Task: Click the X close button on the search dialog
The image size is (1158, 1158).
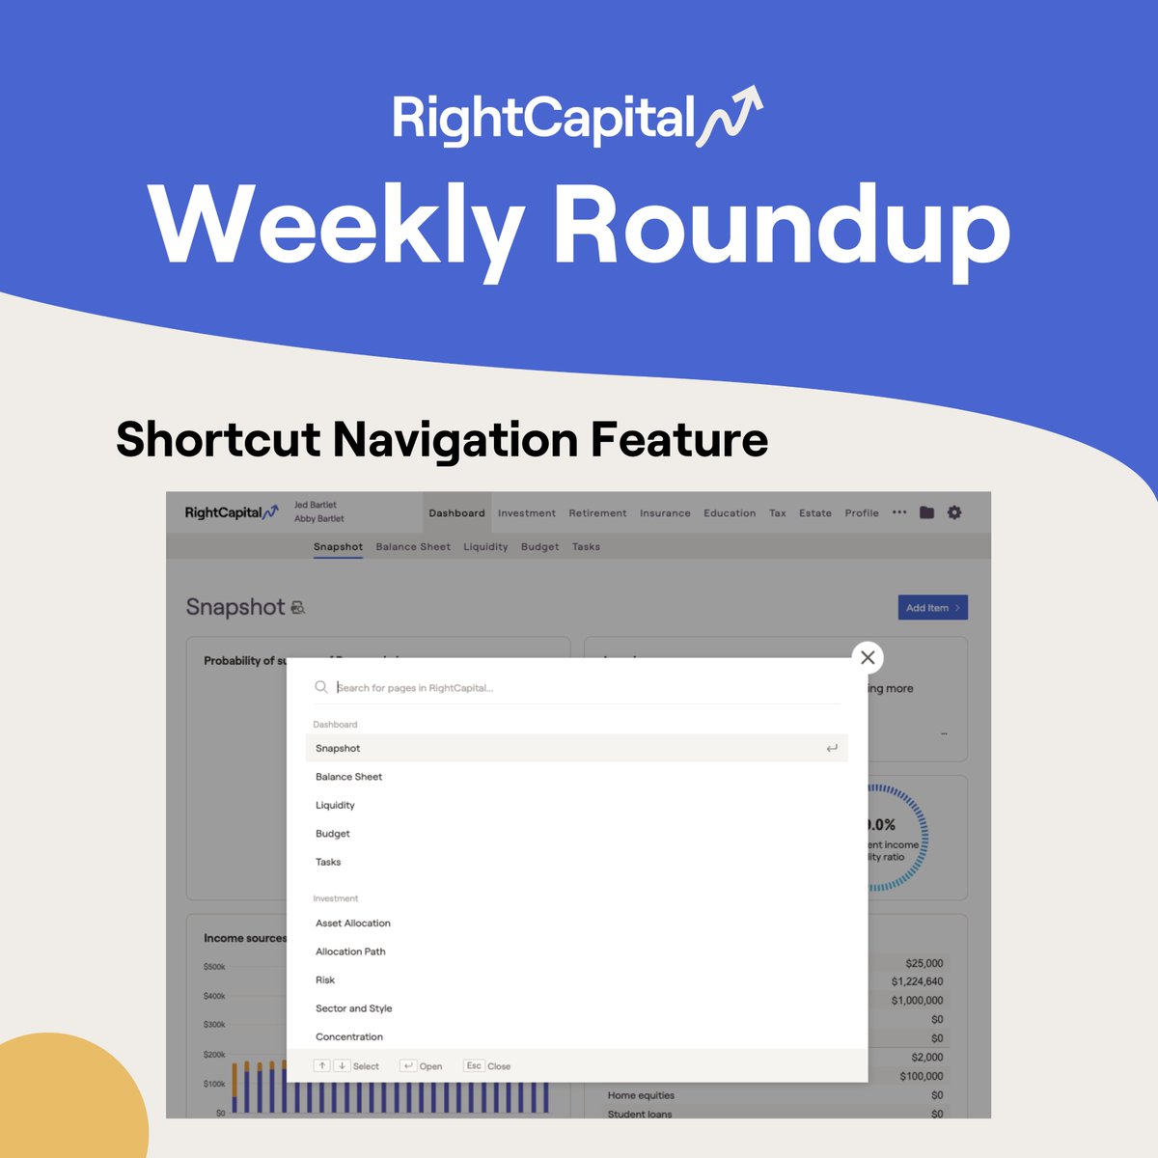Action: pos(868,658)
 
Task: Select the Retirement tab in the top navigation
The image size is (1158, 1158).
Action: pos(597,513)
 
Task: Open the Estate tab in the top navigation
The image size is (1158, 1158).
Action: pos(814,513)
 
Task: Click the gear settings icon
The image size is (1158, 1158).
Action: pos(954,512)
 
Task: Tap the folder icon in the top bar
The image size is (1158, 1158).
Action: pos(926,512)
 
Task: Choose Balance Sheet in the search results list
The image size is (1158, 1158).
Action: pos(348,777)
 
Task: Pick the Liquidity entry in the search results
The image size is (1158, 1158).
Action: pos(335,805)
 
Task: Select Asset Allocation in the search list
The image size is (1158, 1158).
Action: pos(353,924)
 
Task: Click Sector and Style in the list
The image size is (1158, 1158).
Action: pos(353,1008)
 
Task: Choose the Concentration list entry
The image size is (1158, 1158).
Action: pos(349,1037)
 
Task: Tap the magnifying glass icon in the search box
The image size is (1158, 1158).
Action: pos(321,687)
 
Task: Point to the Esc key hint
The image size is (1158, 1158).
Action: pos(474,1066)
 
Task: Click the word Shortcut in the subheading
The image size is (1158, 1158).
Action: pos(218,440)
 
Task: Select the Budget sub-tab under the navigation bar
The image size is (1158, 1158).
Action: pos(539,547)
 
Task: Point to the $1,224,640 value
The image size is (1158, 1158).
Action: pos(917,982)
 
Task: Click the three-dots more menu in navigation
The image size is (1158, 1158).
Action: pos(899,512)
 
